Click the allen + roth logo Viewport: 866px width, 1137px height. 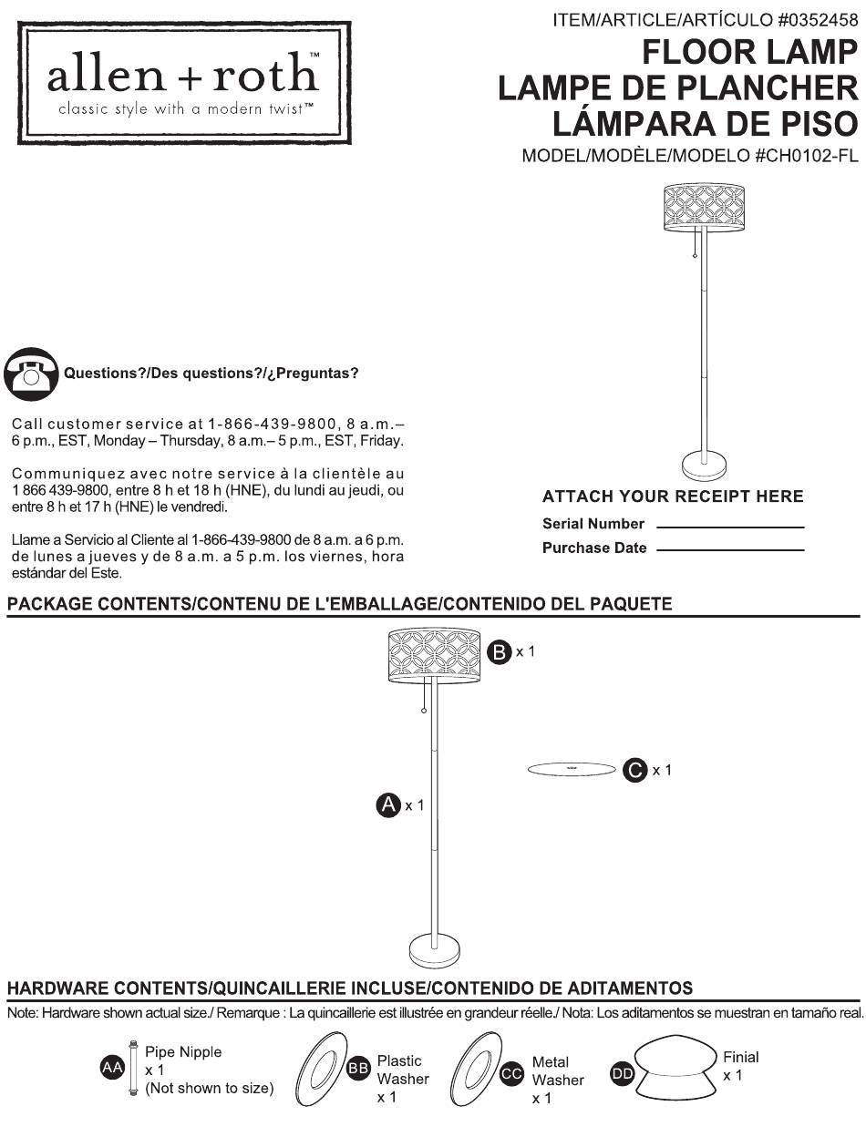pos(184,83)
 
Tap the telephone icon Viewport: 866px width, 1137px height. pos(31,374)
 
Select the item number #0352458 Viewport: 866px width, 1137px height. pos(818,20)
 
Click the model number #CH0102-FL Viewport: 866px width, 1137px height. pos(806,156)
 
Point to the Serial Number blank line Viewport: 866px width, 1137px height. pos(730,528)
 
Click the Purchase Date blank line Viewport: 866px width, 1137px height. pos(730,550)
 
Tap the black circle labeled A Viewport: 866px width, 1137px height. pos(388,805)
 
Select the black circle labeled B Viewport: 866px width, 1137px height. pos(500,651)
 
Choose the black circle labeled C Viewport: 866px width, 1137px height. pos(634,770)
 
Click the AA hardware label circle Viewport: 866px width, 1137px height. pos(112,1067)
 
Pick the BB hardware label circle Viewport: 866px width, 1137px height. pos(358,1068)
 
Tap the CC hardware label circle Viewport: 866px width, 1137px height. pos(511,1074)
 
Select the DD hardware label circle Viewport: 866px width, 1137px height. pos(623,1074)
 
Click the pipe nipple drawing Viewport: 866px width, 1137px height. pos(133,1067)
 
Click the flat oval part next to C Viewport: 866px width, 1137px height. pos(572,769)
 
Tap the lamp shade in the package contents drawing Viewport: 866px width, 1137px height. pos(434,655)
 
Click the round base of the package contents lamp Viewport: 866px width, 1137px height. pos(434,950)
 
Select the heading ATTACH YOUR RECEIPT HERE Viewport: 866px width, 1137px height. pos(673,497)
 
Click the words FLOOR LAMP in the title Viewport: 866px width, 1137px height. pos(750,52)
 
